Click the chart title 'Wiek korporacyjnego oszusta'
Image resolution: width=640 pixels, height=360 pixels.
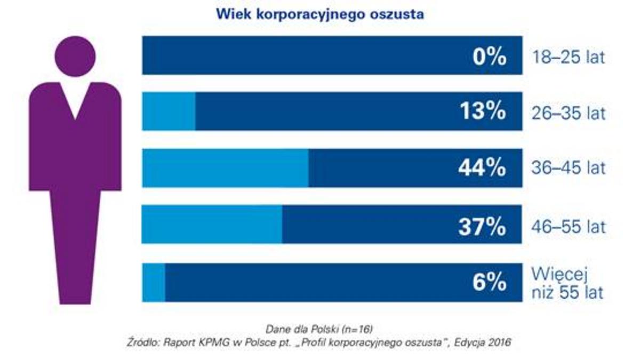320,14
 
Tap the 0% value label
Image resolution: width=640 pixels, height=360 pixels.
489,57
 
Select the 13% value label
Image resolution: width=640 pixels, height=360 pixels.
482,111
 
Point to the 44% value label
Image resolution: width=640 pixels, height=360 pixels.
482,168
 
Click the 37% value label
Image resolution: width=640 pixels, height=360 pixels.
482,227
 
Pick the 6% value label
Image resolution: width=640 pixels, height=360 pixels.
489,283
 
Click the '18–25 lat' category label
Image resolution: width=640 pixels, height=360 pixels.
569,57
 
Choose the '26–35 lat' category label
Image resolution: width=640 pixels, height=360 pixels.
569,113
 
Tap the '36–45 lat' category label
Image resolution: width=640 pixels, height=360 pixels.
569,169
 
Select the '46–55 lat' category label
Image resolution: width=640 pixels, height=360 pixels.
569,227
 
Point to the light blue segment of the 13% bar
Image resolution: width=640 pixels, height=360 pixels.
169,111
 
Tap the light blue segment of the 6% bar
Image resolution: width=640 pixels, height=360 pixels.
154,283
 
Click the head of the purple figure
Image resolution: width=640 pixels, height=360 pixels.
75,57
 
